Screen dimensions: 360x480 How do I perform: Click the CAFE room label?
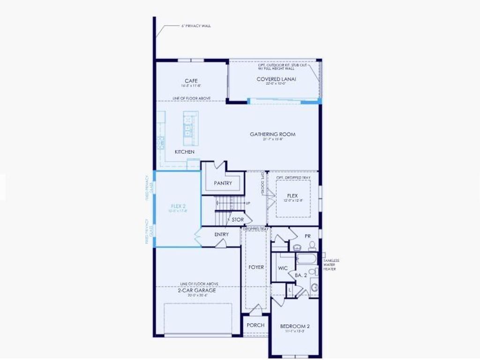[191, 81]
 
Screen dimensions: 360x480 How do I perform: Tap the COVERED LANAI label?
[276, 79]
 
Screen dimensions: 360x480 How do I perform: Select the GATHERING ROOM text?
[272, 135]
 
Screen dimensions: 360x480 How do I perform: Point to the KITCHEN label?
[184, 152]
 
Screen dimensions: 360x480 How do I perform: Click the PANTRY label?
[223, 183]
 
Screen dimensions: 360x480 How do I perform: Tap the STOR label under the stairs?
[238, 219]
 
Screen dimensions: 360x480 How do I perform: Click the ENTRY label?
[222, 234]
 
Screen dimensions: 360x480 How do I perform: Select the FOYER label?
[256, 267]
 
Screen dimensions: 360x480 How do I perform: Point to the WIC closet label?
[283, 268]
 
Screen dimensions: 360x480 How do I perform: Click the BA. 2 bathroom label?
[300, 276]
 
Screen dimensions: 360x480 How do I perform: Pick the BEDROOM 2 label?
[294, 326]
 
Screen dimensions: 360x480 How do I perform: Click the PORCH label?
[255, 325]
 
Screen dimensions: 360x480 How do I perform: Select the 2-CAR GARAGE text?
[196, 290]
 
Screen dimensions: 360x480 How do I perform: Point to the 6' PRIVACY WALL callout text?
[196, 26]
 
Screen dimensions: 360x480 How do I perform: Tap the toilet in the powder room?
[312, 246]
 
